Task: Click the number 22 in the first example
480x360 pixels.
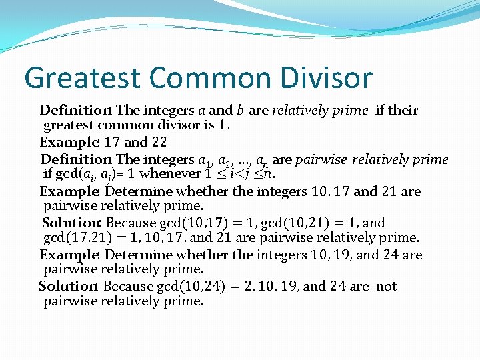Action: click(x=159, y=142)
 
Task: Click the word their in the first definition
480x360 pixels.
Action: click(x=402, y=110)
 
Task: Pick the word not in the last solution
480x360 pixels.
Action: click(x=386, y=286)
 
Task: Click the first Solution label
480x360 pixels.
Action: click(x=71, y=223)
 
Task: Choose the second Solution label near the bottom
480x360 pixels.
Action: click(x=68, y=286)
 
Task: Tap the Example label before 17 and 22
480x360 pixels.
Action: click(x=67, y=142)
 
